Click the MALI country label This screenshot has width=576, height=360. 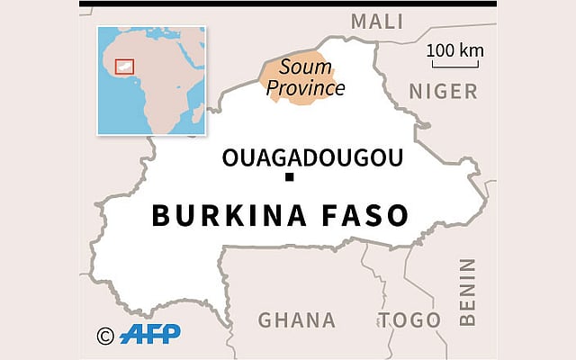tap(377, 22)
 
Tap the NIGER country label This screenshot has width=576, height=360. tap(443, 90)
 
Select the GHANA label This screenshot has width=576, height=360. tap(297, 319)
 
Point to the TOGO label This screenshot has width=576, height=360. tap(409, 319)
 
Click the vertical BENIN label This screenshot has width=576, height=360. tap(466, 292)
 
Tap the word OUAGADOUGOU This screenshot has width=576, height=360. tap(312, 158)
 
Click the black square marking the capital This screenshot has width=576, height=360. tap(290, 178)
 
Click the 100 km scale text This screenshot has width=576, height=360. tap(455, 49)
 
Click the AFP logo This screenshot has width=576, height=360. tap(150, 333)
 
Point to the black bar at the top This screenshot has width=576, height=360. tap(288, 4)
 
